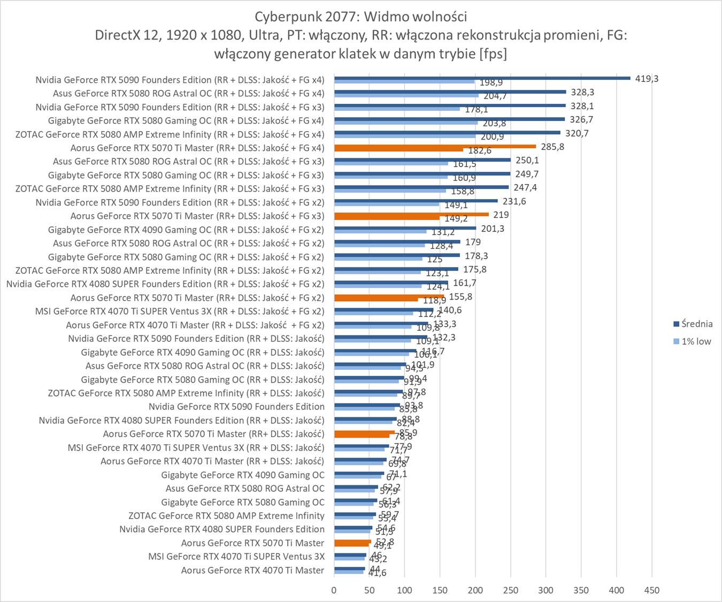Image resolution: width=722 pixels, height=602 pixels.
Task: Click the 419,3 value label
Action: coord(647,79)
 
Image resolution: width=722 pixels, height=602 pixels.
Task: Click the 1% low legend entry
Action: coord(696,341)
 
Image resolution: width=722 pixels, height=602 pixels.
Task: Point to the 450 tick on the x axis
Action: coord(651,590)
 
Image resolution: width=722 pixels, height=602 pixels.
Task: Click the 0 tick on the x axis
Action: coord(334,590)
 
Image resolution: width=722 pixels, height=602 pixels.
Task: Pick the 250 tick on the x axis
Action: coord(511,590)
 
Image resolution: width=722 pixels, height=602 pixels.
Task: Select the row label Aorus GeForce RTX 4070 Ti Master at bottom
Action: coord(252,570)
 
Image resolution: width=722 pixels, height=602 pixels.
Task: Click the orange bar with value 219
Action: coord(411,215)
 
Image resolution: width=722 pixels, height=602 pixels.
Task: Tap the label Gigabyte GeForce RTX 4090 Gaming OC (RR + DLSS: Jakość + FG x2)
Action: coord(186,230)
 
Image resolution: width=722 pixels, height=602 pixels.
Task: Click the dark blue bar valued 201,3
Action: coord(405,228)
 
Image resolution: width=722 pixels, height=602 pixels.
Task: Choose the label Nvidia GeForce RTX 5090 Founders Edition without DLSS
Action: coord(236,407)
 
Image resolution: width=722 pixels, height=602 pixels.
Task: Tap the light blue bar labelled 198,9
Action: coord(404,82)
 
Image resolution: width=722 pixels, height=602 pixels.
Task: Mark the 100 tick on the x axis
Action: coord(405,590)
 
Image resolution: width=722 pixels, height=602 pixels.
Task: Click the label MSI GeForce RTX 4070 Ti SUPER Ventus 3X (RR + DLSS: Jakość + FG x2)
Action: coord(179,311)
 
